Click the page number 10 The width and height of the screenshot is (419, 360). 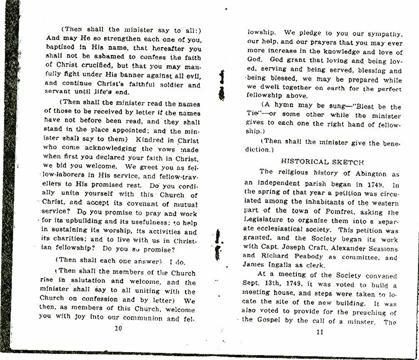(118, 328)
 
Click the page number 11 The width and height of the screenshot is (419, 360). (320, 332)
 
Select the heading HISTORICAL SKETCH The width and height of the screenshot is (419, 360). (322, 162)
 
